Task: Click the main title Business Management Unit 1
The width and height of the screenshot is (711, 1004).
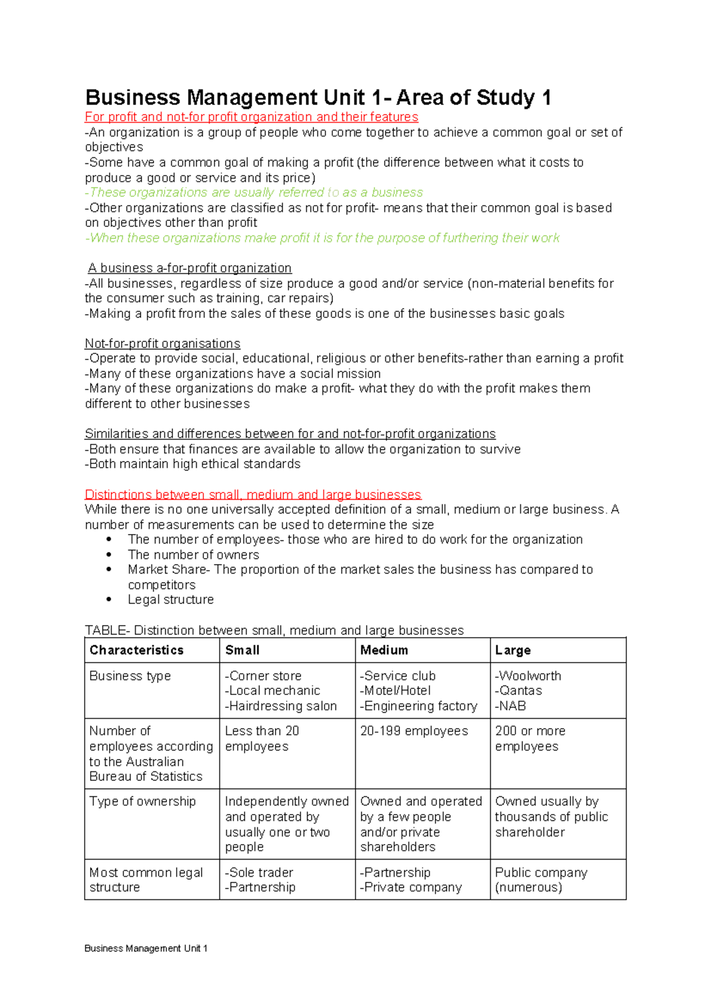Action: (318, 98)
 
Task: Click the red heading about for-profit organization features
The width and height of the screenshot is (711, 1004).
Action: (251, 117)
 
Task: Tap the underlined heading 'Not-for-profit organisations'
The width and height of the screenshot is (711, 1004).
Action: (162, 344)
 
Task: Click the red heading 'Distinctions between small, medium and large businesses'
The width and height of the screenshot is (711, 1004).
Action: (252, 494)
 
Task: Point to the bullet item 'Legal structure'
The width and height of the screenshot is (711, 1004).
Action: (171, 600)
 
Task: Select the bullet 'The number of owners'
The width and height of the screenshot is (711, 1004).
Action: (193, 555)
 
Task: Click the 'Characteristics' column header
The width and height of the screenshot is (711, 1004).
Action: (136, 650)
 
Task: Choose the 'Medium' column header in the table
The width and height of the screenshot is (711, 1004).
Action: (384, 650)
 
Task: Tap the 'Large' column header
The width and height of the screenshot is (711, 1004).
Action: (513, 650)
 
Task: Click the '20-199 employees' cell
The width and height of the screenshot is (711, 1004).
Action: (414, 731)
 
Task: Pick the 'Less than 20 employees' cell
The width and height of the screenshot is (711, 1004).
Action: (261, 738)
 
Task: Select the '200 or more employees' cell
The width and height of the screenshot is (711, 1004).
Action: (530, 738)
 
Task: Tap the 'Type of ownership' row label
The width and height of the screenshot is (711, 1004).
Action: (142, 802)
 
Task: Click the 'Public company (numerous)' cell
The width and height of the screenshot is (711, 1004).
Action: (540, 880)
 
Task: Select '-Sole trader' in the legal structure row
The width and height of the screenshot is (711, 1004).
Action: (259, 873)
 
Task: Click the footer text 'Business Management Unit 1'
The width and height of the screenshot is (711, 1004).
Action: (146, 948)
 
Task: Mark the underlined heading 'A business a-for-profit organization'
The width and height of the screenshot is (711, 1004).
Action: (189, 268)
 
